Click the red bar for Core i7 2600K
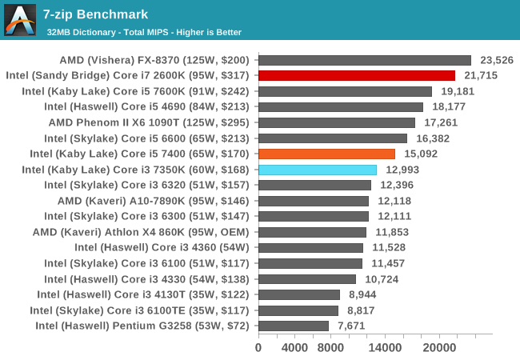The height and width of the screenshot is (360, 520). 356,75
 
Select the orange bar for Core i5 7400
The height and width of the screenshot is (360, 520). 326,154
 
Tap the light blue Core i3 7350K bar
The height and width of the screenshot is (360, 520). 317,170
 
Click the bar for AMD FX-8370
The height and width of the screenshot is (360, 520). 364,60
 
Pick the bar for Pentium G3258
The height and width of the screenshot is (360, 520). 293,326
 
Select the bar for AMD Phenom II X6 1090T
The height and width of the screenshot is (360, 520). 336,122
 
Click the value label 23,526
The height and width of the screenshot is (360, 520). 497,60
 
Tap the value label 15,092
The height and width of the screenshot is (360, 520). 421,154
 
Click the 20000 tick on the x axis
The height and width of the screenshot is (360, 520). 438,348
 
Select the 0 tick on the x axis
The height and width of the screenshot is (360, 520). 258,348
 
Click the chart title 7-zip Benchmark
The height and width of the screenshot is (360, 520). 97,14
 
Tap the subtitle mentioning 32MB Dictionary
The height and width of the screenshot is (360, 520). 144,32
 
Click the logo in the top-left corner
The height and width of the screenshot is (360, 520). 20,20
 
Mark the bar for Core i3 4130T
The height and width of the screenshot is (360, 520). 298,294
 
